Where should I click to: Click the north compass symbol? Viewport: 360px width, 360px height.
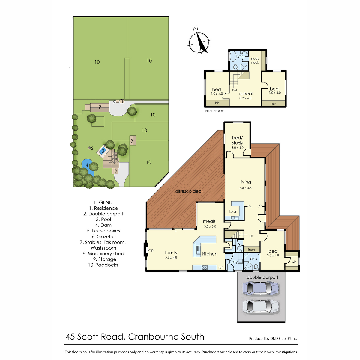(199, 42)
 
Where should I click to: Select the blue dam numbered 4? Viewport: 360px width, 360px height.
(87, 166)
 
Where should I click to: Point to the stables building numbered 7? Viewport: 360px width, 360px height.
(100, 107)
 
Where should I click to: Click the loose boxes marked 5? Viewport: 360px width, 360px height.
(133, 140)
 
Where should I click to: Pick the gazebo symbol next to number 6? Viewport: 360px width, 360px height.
(89, 148)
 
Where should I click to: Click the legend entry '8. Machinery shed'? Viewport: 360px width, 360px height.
(103, 253)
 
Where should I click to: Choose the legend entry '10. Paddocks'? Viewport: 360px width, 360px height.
(103, 265)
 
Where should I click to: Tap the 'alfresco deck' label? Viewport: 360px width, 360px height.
(189, 191)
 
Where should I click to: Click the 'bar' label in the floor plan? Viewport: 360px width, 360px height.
(233, 211)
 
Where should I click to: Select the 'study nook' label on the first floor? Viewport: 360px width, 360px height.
(255, 61)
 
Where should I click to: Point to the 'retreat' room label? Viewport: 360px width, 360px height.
(246, 94)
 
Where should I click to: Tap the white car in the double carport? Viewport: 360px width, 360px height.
(261, 307)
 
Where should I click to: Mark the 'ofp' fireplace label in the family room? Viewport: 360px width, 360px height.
(151, 250)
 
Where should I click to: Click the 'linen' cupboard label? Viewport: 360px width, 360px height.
(251, 250)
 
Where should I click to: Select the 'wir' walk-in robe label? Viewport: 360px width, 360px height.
(294, 262)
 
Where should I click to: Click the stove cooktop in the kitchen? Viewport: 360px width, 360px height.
(204, 268)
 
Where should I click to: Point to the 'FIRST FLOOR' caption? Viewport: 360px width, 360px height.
(214, 111)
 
